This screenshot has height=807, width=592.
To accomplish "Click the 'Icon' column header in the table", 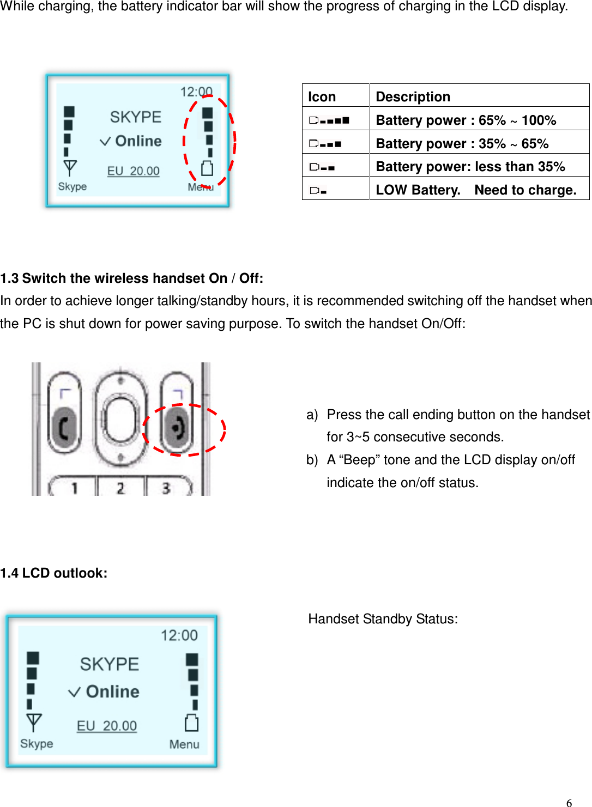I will coord(322,96).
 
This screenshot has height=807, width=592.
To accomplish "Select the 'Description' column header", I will coord(413,96).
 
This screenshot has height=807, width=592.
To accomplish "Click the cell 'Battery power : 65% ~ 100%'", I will coord(466,120).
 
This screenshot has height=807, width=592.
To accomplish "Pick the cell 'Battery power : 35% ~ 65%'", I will coord(462,143).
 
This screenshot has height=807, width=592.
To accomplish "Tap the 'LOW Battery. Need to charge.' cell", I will coord(476,190).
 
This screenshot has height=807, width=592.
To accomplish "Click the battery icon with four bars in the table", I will coord(329,120).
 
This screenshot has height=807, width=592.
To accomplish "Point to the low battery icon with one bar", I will coord(318,190).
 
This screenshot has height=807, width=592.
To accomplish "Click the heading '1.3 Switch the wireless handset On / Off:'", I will coord(132,278).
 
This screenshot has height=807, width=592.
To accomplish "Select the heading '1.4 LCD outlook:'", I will coord(54,573).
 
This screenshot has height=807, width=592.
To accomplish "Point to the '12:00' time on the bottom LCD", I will coord(179,635).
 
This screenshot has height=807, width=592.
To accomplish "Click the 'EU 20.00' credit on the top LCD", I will coord(133,171).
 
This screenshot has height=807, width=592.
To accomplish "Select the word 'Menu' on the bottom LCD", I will coord(184,744).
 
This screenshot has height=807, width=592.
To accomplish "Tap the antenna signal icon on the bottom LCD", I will coord(33,723).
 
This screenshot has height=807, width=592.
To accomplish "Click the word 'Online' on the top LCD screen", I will coord(138,141).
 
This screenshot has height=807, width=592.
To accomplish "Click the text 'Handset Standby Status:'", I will coord(383,618).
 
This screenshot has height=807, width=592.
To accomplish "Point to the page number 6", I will coord(569,802).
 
